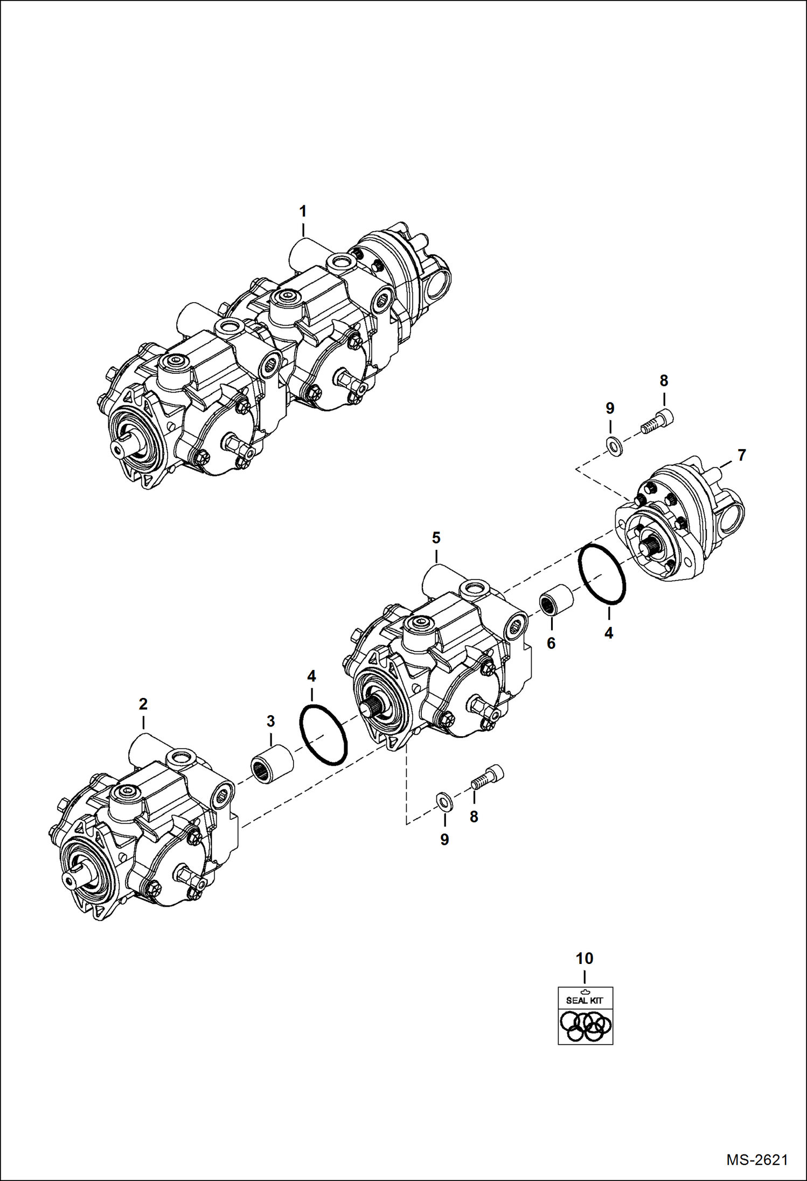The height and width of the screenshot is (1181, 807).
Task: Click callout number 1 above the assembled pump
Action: [303, 211]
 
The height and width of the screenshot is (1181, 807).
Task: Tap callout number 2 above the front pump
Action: [143, 703]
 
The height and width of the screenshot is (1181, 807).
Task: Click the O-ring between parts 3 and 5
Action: [323, 733]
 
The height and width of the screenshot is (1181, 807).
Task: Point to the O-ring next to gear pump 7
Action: [602, 574]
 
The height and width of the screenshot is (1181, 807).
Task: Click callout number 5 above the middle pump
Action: [436, 537]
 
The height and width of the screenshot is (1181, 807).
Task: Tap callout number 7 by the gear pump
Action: [741, 455]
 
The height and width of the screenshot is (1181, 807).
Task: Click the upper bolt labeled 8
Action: [658, 420]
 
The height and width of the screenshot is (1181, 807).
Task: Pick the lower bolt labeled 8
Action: [486, 778]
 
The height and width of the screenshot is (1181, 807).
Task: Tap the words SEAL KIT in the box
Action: [585, 1000]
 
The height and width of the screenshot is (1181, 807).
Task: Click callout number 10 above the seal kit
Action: [585, 959]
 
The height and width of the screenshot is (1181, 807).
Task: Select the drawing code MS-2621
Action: [757, 1159]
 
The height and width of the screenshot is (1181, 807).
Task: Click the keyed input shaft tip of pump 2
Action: [69, 878]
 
